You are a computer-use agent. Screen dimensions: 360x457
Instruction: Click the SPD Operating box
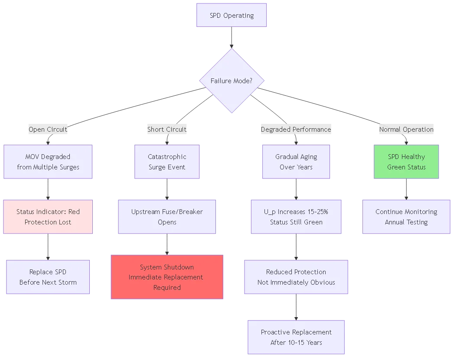point(232,16)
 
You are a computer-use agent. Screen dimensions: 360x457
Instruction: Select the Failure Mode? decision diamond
point(232,81)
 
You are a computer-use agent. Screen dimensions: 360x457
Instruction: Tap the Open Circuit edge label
point(48,129)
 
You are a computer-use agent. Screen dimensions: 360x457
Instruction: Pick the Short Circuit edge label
point(167,129)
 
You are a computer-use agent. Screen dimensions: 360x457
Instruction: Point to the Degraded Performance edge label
point(296,129)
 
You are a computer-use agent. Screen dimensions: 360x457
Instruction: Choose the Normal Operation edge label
point(406,129)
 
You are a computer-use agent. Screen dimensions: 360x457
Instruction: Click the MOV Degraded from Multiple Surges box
point(48,162)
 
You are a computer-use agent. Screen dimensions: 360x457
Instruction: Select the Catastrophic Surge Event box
point(167,162)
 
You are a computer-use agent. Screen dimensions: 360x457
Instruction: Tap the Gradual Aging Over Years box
point(296,162)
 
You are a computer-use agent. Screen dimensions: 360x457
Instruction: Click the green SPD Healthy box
point(406,162)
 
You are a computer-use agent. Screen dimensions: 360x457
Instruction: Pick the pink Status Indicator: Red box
point(48,217)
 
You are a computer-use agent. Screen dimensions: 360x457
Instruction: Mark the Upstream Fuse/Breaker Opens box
point(167,217)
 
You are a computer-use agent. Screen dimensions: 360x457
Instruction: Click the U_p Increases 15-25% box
point(296,217)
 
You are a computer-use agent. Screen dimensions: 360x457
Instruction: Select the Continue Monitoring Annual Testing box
point(406,217)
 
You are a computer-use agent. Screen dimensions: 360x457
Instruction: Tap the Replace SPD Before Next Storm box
point(48,277)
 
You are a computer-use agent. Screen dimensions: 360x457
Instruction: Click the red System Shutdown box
point(167,277)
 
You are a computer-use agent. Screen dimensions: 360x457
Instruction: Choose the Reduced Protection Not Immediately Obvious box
point(296,277)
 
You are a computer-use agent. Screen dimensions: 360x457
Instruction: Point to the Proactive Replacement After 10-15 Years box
point(296,337)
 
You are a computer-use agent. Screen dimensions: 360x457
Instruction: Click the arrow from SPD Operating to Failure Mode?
point(232,37)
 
